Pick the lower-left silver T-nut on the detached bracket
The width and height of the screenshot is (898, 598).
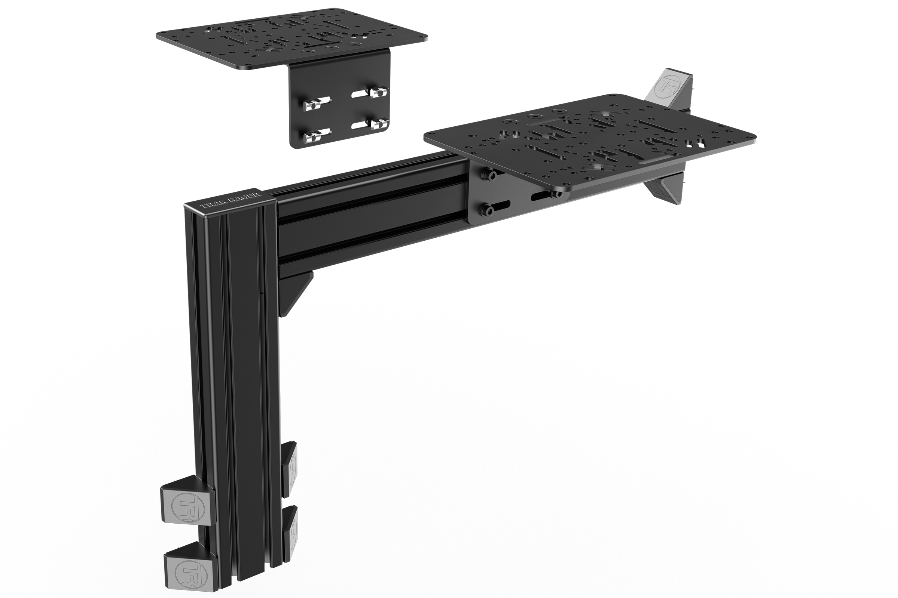tap(312, 136)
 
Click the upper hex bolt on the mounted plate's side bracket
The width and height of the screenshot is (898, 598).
tap(489, 175)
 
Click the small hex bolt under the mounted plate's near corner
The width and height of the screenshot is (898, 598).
tap(554, 194)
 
